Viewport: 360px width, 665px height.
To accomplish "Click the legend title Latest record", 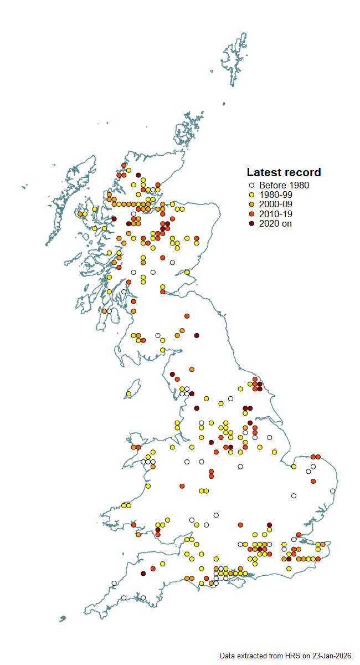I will (x=284, y=172).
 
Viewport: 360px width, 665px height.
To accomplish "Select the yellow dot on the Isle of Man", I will (x=128, y=394).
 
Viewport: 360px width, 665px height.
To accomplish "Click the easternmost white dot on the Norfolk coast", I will (x=332, y=491).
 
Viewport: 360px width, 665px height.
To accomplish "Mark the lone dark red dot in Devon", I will (x=143, y=574).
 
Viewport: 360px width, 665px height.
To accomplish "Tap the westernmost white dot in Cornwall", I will (x=114, y=583).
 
